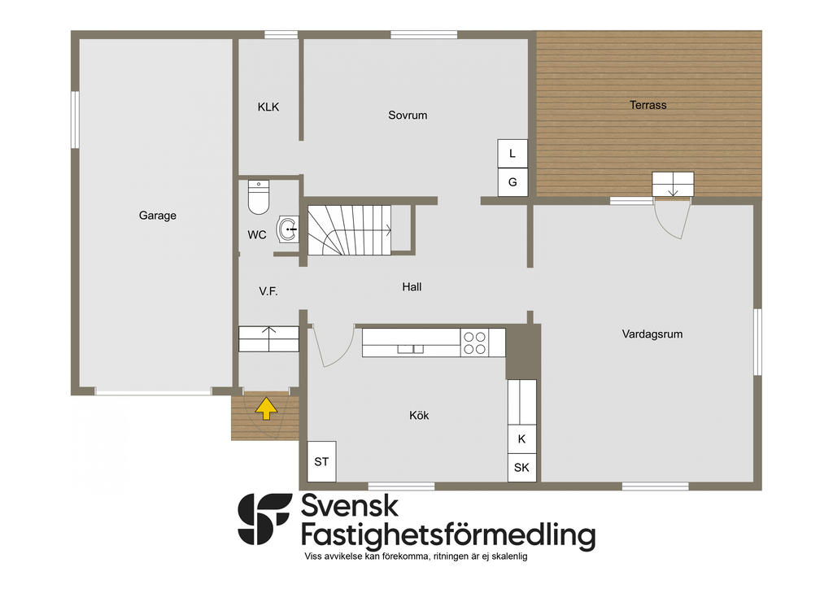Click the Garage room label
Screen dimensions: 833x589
(157, 215)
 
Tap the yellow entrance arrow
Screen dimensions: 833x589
(266, 408)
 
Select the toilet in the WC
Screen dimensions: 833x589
(259, 197)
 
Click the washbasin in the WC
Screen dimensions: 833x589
(287, 229)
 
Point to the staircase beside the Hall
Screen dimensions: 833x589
(350, 230)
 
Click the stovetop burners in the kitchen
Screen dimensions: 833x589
(474, 342)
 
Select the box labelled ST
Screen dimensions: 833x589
(321, 461)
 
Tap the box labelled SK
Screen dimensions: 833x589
(521, 467)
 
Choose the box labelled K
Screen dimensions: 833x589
(521, 439)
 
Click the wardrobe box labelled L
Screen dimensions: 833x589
(512, 154)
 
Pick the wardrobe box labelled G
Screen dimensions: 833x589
(512, 182)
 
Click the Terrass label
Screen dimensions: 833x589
(648, 105)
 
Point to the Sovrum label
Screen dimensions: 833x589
(408, 116)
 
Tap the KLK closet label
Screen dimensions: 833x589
(268, 107)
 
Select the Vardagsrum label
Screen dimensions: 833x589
(652, 334)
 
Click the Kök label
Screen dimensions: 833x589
(419, 416)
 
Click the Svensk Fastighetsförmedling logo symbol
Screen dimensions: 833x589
(264, 519)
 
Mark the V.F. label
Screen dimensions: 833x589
(268, 291)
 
